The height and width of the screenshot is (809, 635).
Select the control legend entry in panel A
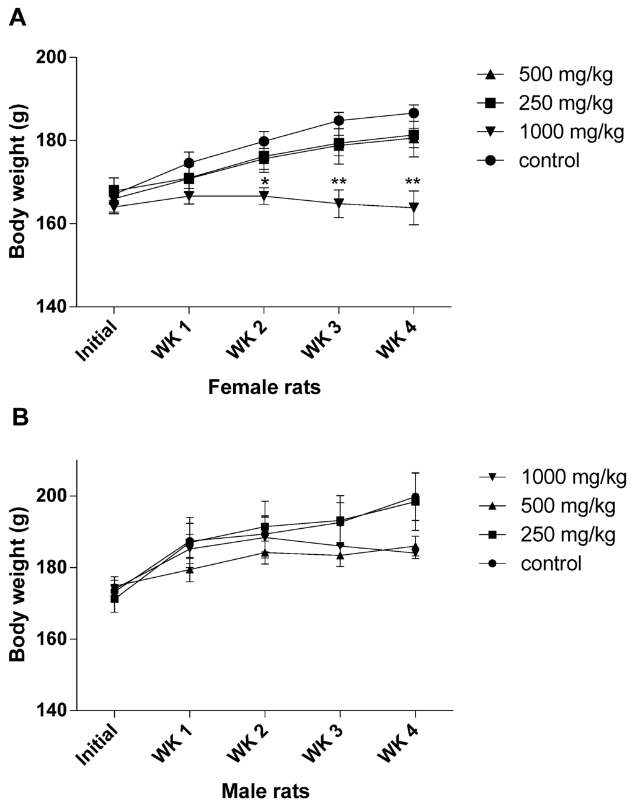[x=549, y=161]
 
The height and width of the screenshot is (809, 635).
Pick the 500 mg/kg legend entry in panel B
[x=568, y=506]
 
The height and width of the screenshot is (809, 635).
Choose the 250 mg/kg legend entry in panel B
[x=568, y=535]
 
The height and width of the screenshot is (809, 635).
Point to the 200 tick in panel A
[x=53, y=57]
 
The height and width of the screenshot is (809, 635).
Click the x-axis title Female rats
[x=264, y=388]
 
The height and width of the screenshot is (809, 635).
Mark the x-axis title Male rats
[x=265, y=791]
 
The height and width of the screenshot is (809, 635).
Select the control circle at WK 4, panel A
[x=414, y=113]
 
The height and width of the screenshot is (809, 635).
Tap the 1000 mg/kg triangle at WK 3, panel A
[x=339, y=203]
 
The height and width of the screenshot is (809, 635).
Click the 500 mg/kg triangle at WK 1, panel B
[x=190, y=569]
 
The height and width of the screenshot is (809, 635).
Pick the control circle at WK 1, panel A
[x=190, y=163]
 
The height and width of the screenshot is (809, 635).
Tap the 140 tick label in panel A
[x=53, y=307]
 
